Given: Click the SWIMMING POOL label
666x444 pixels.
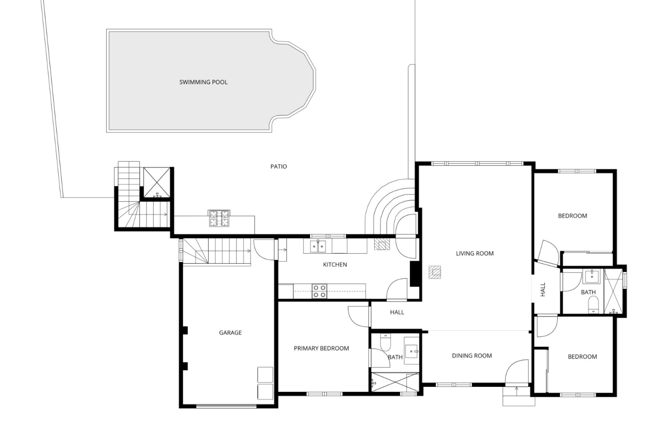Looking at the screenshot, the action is pos(203,82).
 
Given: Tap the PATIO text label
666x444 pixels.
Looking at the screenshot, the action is pos(279,166).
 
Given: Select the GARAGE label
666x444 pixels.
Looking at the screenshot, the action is pos(230,333).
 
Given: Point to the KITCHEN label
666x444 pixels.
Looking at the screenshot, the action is pos(335,265).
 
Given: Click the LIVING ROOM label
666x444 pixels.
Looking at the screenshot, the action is pos(475,254).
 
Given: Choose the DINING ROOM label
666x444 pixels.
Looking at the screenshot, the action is pos(472,356).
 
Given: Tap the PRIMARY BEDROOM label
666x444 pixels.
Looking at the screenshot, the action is pos(321,348).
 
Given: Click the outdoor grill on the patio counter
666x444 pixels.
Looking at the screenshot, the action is pos(219,218).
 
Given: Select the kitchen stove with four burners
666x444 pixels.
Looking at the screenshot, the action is pos(319,291).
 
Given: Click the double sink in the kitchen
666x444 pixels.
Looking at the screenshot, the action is pos(318,246).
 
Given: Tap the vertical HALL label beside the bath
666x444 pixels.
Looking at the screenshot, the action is pos(543,289).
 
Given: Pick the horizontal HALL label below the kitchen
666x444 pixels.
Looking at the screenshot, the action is pos(397,312).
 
